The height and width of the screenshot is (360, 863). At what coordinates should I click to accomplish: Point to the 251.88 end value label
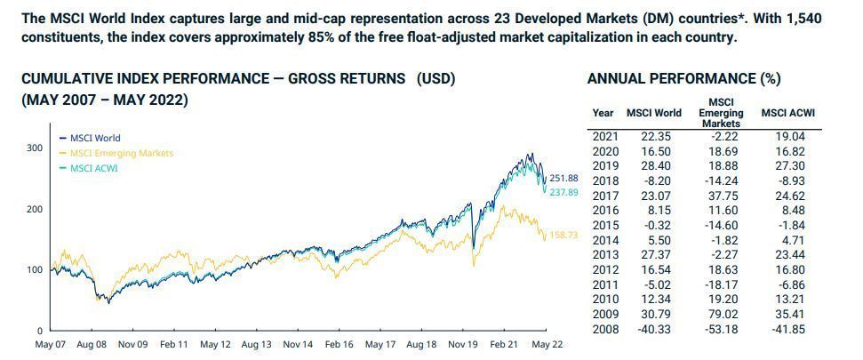point(563,178)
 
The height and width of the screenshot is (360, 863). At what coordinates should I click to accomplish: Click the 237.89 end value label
point(563,191)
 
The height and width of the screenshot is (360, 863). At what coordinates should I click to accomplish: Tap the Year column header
point(603,114)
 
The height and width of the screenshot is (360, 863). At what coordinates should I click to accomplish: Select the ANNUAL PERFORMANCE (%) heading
point(683,79)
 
